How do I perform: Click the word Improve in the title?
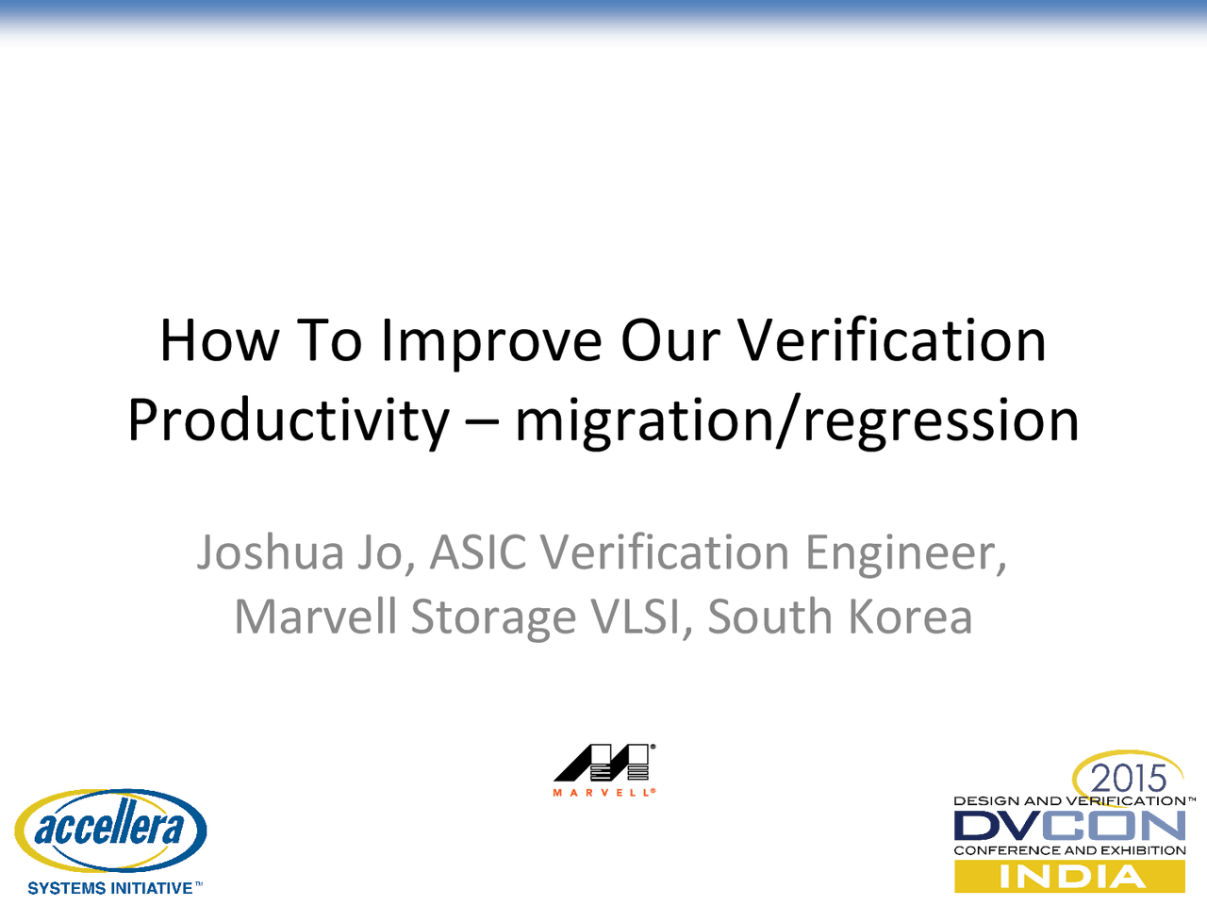(x=490, y=340)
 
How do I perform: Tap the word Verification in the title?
(x=891, y=340)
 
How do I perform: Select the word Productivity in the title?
(x=289, y=420)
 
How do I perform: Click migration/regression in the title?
(x=797, y=420)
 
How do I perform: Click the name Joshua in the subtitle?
(x=269, y=552)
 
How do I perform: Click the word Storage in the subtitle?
(x=493, y=617)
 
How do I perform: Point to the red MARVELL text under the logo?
(x=603, y=793)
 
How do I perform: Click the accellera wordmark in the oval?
(x=109, y=829)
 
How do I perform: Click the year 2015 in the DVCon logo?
(x=1129, y=779)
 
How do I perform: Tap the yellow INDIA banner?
(x=1069, y=877)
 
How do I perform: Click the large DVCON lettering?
(x=1069, y=827)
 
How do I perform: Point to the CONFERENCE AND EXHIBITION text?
(x=1069, y=850)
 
